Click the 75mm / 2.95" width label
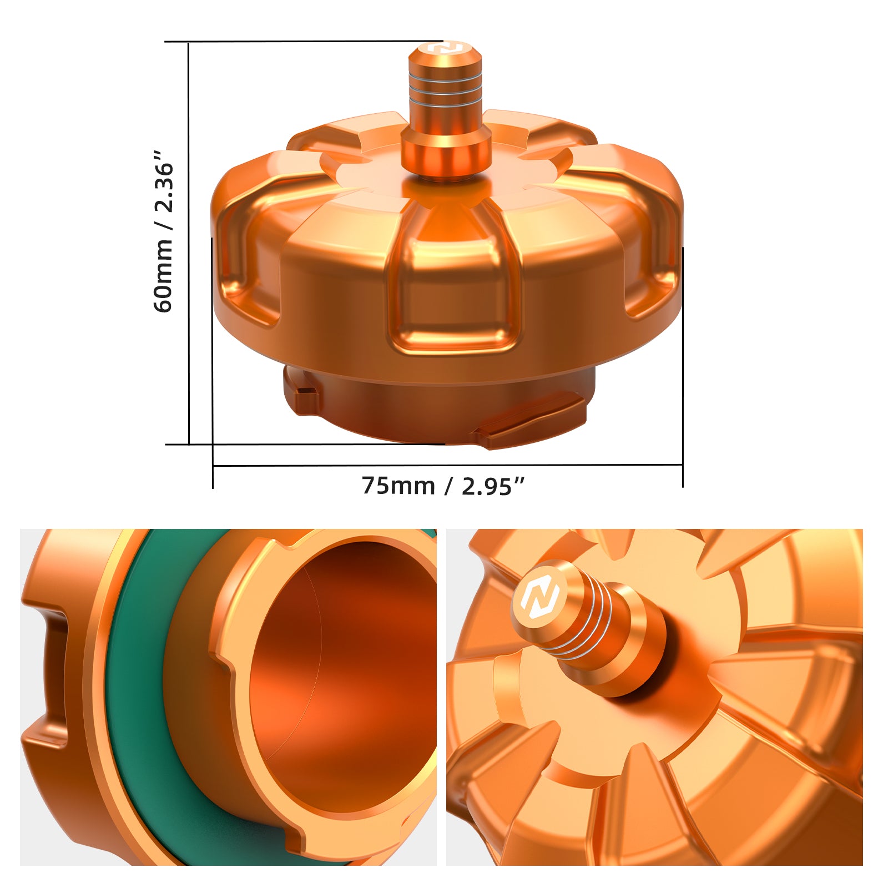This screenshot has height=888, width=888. point(443,486)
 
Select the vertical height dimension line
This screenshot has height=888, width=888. point(189,244)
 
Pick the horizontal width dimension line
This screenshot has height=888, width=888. point(447,466)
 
